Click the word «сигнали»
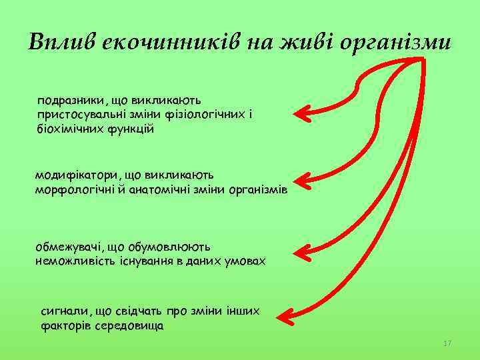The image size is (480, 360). click(x=64, y=311)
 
